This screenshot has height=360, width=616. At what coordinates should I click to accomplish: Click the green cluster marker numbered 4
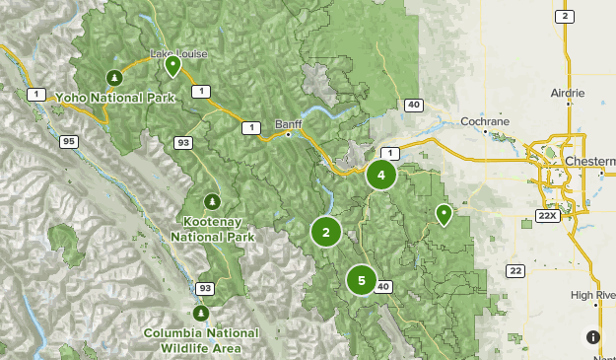pos(380,176)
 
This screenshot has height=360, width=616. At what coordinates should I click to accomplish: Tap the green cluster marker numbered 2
pos(325,232)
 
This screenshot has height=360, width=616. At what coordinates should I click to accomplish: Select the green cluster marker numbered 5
pos(362,281)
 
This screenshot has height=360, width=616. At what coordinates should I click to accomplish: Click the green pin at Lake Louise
pos(172,66)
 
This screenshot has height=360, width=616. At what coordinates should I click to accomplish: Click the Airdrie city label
pos(568,93)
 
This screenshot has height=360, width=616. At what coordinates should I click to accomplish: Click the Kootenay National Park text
pos(212,230)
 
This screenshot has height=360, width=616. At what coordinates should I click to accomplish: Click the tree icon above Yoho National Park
pos(114,77)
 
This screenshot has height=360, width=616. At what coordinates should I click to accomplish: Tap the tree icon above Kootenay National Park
pos(211,200)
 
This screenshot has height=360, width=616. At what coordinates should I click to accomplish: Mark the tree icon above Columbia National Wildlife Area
pos(201,313)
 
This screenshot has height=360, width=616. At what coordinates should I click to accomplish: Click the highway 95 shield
pos(68,142)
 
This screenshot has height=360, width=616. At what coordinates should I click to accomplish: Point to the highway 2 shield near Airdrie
pos(565,16)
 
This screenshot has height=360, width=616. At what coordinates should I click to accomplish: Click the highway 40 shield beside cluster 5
pos(384,287)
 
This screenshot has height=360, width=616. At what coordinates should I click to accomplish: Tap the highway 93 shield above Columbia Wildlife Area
pos(204,289)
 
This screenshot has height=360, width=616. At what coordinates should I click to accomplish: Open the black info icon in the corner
pos(593,337)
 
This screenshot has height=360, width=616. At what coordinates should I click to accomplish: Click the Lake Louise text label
pos(178,53)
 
